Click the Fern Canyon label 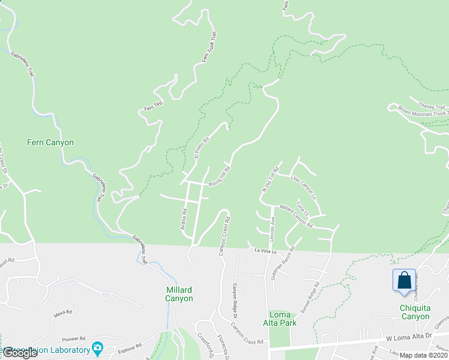tap(50, 143)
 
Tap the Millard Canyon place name tap(179, 294)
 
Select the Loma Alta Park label tap(283, 319)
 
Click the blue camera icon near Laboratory tap(97, 349)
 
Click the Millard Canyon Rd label tap(296, 216)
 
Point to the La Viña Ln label tap(264, 251)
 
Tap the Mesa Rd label tap(62, 312)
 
